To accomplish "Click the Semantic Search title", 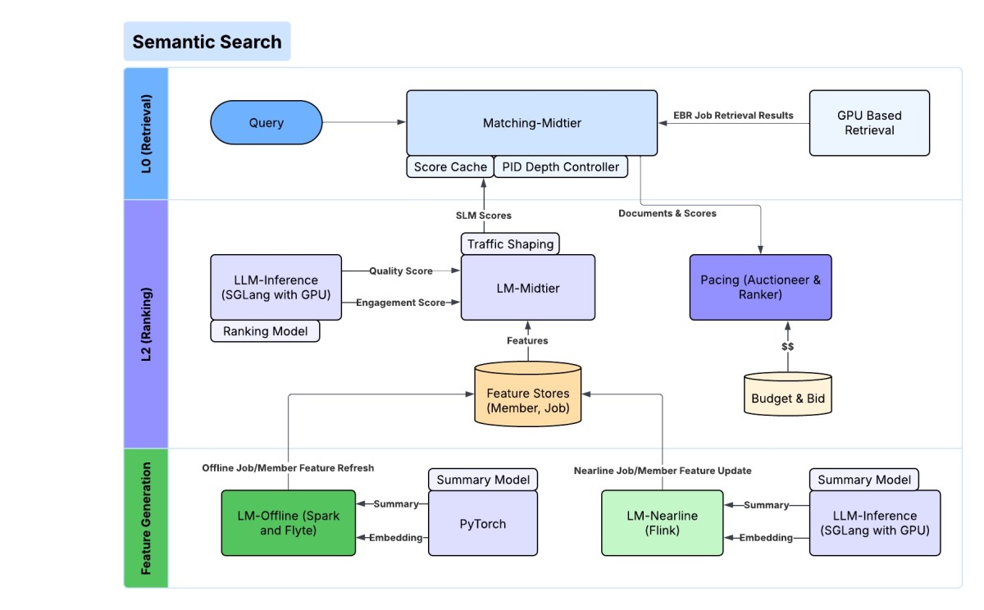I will point(207,42).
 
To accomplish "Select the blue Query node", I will point(266,123).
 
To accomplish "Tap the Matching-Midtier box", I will point(531,123).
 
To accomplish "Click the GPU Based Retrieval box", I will point(869,123).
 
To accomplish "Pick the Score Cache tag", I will point(450,167).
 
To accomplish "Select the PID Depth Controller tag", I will point(561,167).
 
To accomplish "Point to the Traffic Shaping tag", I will point(511,244).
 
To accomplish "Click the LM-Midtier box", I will point(528,287).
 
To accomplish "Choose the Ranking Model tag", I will point(265,331).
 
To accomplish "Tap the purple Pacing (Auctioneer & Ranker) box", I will point(760,287).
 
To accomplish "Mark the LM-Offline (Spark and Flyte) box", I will point(289,523).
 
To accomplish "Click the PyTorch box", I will point(483,523).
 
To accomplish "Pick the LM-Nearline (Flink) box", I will point(663,523).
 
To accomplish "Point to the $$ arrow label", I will point(787,347).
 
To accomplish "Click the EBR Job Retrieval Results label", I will point(733,116).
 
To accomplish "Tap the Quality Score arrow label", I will point(401,271).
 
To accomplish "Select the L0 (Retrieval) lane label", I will point(146,134).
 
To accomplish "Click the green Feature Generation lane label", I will point(146,517).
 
